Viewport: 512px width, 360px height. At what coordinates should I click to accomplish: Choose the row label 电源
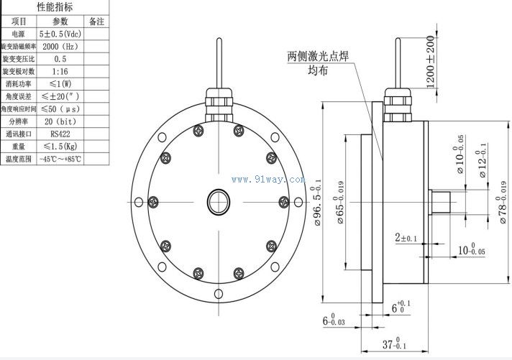[18, 34]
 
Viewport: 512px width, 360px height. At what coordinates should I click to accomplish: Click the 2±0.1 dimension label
[406, 237]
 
